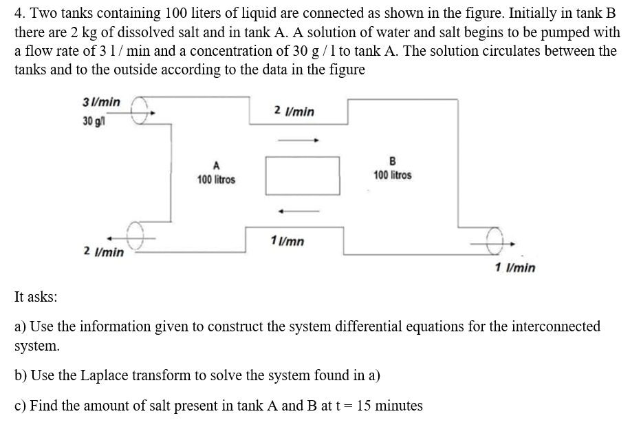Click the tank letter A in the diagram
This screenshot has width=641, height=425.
216,165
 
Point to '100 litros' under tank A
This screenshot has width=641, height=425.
216,180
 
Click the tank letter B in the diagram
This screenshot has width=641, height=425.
393,162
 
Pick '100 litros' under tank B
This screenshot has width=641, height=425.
393,175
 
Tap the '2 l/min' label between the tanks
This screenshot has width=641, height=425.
294,111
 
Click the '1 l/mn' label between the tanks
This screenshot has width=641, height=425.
288,242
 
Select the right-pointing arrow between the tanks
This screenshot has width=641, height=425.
298,141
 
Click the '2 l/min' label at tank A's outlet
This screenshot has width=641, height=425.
104,252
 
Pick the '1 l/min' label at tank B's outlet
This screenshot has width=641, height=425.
515,268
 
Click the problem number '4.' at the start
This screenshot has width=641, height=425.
19,13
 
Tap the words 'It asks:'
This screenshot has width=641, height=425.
36,297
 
